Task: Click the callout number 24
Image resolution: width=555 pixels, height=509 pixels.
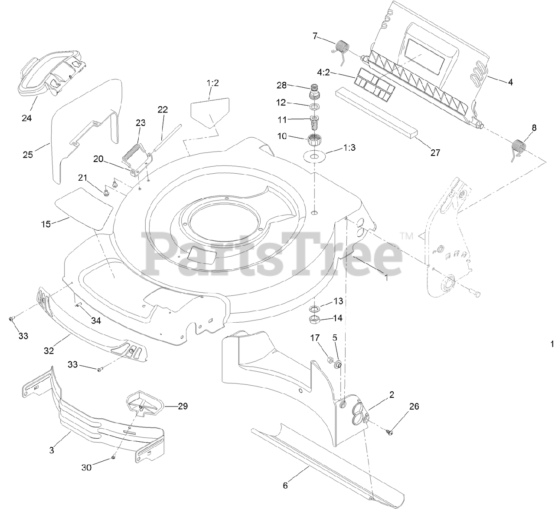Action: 27,118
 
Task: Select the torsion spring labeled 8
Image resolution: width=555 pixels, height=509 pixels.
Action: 518,148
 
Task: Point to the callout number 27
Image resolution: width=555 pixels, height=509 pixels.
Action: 435,152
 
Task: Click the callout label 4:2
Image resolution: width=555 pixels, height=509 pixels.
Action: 323,72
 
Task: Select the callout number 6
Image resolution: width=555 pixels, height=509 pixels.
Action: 285,486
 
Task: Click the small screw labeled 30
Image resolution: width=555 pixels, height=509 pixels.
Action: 113,456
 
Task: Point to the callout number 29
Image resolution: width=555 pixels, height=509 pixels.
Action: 183,406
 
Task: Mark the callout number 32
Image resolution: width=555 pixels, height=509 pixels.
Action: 49,350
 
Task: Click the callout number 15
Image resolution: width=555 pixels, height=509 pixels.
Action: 46,224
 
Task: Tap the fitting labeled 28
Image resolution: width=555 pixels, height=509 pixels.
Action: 314,93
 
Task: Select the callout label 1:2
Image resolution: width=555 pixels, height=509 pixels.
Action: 212,83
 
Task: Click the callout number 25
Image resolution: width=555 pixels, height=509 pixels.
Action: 28,154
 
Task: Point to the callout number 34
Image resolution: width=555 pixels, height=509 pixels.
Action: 96,321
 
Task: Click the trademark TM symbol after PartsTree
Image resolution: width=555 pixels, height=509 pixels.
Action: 406,236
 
